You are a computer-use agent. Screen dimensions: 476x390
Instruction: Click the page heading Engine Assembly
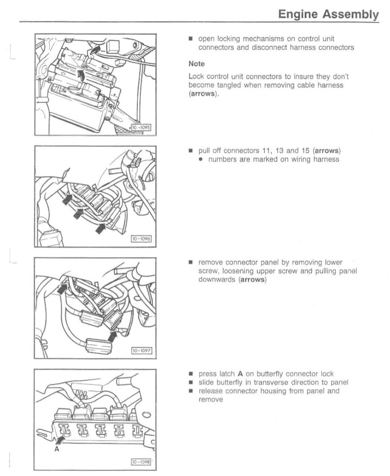pyautogui.click(x=328, y=14)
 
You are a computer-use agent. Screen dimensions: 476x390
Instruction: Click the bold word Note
pyautogui.click(x=197, y=64)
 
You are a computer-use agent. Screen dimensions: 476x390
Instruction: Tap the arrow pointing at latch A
pyautogui.click(x=61, y=441)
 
